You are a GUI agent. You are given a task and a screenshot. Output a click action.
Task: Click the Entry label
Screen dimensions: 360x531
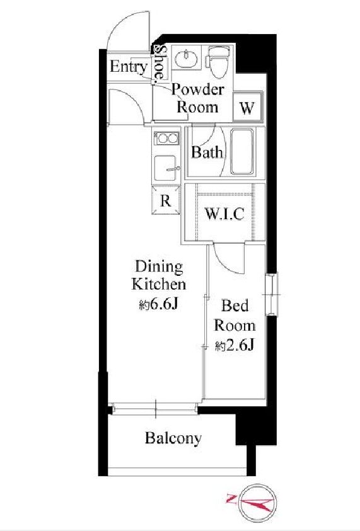point(129,67)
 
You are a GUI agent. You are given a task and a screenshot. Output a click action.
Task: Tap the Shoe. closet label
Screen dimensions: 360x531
point(160,64)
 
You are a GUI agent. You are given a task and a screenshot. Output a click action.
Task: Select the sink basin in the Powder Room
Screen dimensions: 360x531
point(186,58)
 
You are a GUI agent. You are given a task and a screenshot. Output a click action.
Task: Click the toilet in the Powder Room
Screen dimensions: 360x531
point(218,61)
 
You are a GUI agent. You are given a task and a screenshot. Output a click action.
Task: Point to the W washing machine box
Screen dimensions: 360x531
point(248,107)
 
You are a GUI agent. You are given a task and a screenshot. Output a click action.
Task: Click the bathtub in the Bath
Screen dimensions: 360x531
point(241,152)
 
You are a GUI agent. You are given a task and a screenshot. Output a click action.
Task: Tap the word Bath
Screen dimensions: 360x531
point(207,152)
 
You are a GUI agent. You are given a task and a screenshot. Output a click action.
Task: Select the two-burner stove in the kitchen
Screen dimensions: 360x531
point(166,138)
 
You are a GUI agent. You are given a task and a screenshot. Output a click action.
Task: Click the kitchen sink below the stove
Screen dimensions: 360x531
point(166,168)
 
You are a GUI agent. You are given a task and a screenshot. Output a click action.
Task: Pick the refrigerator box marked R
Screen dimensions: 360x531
point(166,200)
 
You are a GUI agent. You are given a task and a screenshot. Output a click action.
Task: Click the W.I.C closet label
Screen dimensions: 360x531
point(224,214)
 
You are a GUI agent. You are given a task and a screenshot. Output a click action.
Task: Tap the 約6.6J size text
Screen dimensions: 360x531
point(159,305)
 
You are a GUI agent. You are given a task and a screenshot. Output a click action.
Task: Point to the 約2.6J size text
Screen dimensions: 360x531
point(235,346)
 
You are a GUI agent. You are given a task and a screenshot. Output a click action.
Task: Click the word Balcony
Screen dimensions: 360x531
point(173,438)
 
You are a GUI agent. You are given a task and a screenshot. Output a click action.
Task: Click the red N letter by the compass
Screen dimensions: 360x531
point(231,498)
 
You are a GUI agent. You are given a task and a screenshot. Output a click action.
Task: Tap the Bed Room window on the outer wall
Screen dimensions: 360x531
point(272,294)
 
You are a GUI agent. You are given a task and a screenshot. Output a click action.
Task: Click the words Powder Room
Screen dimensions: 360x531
point(197,98)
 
